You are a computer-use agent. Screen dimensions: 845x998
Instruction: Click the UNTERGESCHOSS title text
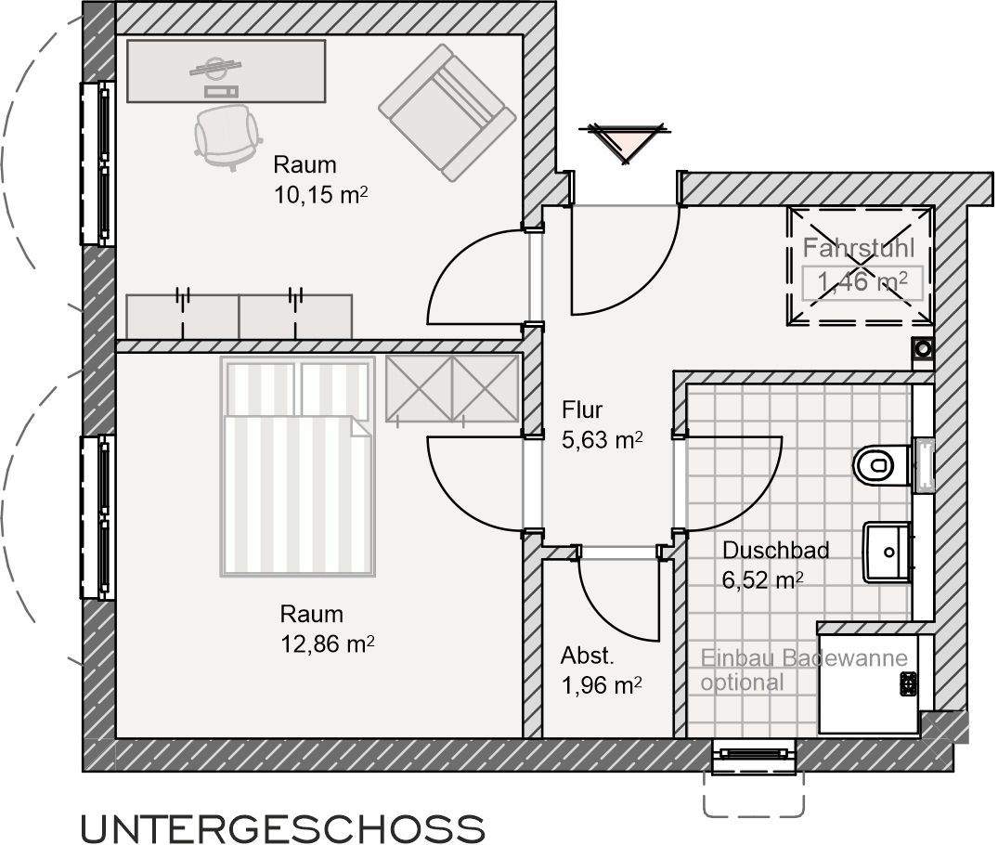click(x=282, y=827)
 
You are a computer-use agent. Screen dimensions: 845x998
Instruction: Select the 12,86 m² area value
click(x=327, y=643)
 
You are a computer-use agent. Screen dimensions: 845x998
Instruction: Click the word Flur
click(x=582, y=410)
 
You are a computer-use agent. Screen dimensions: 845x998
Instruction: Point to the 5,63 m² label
click(x=603, y=440)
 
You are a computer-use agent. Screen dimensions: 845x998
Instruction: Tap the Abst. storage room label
click(x=587, y=657)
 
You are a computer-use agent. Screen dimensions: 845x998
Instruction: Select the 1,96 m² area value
click(x=602, y=686)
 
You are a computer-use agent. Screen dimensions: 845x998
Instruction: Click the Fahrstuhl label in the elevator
click(x=859, y=249)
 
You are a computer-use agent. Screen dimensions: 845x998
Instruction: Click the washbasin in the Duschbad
click(x=888, y=552)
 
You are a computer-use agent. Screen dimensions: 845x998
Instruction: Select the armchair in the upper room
click(x=447, y=111)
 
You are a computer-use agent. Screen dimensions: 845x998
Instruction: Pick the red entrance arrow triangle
click(x=622, y=140)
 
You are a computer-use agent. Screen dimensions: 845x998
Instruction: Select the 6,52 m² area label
click(x=762, y=580)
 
